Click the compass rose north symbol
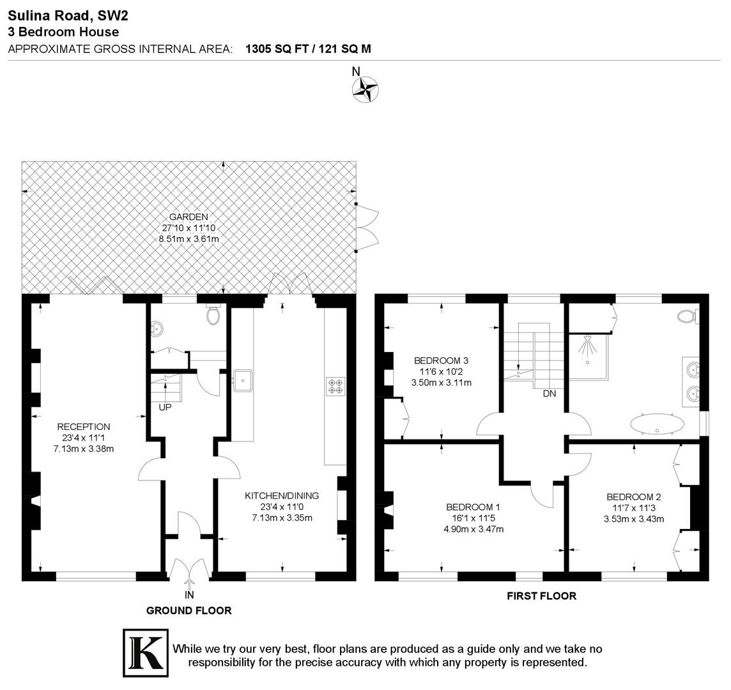[x=365, y=89]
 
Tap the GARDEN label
[x=189, y=217]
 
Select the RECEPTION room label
[x=84, y=427]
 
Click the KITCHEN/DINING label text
[x=282, y=496]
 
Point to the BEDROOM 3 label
[x=441, y=360]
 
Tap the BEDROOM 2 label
[x=634, y=497]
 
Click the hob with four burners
[x=335, y=386]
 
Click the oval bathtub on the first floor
[x=658, y=424]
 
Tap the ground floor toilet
[x=213, y=315]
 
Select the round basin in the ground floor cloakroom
[x=157, y=329]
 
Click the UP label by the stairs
[x=165, y=408]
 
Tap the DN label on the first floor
[x=550, y=394]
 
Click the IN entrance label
[x=189, y=595]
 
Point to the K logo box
[x=146, y=653]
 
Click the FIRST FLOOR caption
[x=542, y=596]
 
